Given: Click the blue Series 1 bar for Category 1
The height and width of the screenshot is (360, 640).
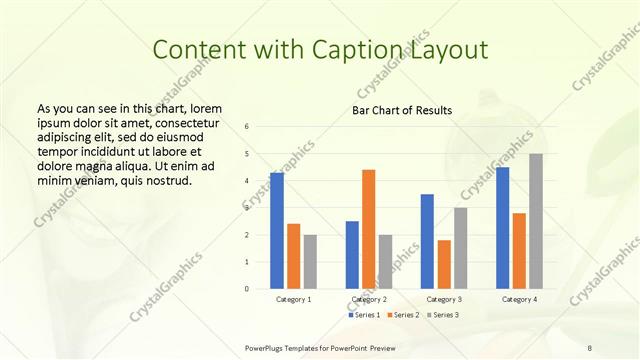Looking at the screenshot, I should [277, 231].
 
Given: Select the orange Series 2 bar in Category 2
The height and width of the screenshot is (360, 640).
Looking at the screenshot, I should [369, 229].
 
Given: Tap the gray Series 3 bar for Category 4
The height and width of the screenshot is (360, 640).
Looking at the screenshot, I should [536, 221].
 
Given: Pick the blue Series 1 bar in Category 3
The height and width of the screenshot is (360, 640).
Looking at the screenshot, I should [427, 241].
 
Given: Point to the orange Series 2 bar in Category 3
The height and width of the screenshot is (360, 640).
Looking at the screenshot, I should [444, 264].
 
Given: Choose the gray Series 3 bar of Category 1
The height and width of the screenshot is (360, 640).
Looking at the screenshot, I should [310, 262].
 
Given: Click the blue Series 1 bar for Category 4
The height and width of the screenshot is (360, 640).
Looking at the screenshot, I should [502, 228].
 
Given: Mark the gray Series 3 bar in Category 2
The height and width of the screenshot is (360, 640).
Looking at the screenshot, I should [386, 262].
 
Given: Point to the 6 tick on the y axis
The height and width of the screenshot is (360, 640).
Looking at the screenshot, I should [248, 126].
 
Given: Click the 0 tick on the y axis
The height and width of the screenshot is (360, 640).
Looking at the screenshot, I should [248, 289].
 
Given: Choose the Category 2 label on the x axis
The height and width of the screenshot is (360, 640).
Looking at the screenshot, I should [369, 299].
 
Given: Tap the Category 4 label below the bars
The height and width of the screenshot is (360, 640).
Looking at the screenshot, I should [519, 299].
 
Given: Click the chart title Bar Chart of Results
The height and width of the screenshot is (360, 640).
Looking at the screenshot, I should [402, 109].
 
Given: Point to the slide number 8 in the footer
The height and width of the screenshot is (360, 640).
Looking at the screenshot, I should [590, 347].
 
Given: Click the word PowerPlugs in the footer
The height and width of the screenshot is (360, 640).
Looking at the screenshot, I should [267, 347].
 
